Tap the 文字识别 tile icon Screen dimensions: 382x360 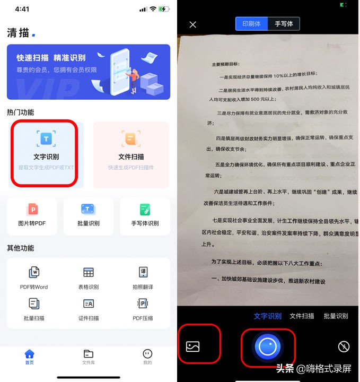(x=46, y=139)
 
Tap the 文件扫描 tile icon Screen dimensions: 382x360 (x=130, y=139)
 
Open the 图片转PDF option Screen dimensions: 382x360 (x=32, y=210)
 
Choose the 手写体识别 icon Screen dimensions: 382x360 (x=145, y=210)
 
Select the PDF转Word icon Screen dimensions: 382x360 (x=34, y=273)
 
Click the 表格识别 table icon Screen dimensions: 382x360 (x=88, y=273)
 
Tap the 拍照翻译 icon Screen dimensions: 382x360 (x=143, y=273)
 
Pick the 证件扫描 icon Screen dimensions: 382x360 (x=88, y=304)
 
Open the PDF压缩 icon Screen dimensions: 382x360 (x=143, y=304)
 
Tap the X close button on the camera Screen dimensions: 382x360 (x=193, y=24)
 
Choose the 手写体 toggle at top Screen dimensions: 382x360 (x=284, y=24)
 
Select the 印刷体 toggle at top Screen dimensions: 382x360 (x=252, y=24)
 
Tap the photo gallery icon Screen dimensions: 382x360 (x=193, y=347)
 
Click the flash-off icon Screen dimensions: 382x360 (x=344, y=347)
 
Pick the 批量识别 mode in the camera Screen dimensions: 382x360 (x=336, y=316)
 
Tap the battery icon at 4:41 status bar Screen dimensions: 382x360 (x=163, y=10)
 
